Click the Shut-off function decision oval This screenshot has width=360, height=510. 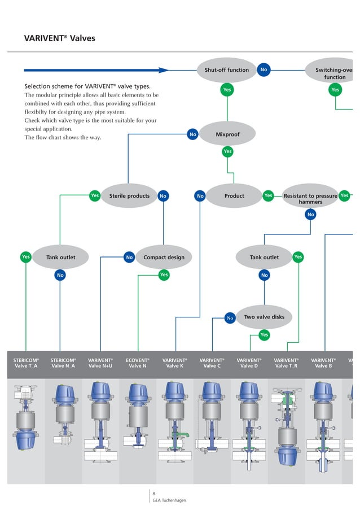pyautogui.click(x=227, y=70)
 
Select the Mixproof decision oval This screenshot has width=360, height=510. pyautogui.click(x=227, y=134)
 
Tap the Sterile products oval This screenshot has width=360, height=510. pyautogui.click(x=129, y=196)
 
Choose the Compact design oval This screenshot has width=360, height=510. pyautogui.click(x=164, y=258)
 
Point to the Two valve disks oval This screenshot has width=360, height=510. pyautogui.click(x=264, y=317)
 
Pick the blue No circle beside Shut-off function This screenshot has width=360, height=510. pyautogui.click(x=263, y=70)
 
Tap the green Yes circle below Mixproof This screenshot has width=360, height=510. pyautogui.click(x=227, y=151)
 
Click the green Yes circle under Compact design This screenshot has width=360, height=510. pyautogui.click(x=164, y=275)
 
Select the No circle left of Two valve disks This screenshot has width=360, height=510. pyautogui.click(x=230, y=318)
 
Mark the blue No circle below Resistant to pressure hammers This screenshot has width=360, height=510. pyautogui.click(x=310, y=215)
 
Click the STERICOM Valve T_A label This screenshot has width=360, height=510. pyautogui.click(x=26, y=363)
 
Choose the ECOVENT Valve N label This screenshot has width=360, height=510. pyautogui.click(x=137, y=363)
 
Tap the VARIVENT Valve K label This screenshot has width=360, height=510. pyautogui.click(x=174, y=363)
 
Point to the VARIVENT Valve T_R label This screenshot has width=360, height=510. pyautogui.click(x=286, y=363)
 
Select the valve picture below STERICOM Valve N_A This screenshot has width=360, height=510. pyautogui.click(x=63, y=415)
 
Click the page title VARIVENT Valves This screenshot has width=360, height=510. pyautogui.click(x=59, y=39)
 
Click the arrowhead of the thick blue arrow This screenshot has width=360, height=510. pyautogui.click(x=164, y=70)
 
